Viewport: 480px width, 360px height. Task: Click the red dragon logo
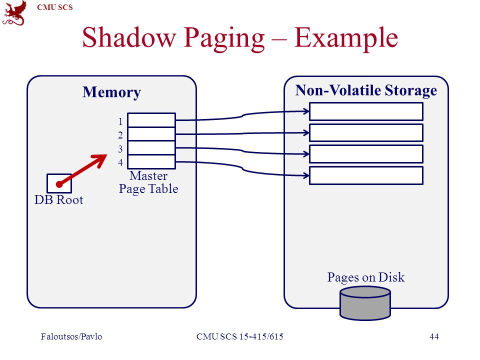tap(14, 13)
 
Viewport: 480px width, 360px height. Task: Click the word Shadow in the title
tap(129, 37)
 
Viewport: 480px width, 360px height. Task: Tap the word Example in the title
tap(346, 38)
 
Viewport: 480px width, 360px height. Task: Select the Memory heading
tap(111, 92)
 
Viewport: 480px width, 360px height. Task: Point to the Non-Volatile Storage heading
tap(366, 90)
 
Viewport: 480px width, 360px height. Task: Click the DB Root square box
tap(59, 183)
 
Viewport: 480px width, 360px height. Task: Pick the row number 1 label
tap(120, 121)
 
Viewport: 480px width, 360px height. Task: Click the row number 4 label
tap(120, 162)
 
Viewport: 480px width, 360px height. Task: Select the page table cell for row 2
tap(151, 134)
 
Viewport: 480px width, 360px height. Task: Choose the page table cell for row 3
tap(151, 148)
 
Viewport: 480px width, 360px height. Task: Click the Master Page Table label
tap(148, 182)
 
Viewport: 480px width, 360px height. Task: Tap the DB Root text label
tap(59, 200)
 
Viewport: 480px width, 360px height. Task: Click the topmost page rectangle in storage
tap(366, 111)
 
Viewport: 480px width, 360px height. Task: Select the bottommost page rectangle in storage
tap(366, 175)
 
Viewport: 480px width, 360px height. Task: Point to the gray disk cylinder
tap(365, 303)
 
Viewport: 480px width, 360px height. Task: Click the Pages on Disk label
tap(366, 277)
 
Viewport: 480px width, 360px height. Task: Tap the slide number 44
tap(434, 336)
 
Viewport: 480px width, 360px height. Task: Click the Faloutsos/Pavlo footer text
tap(71, 336)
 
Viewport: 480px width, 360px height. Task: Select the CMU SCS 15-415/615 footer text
tap(240, 336)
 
